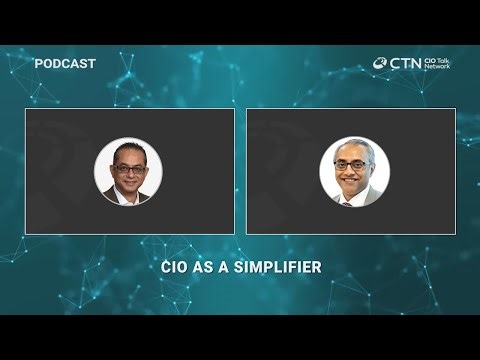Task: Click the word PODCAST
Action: [65, 64]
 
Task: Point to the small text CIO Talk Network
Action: [437, 63]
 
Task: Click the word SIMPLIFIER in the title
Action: [282, 268]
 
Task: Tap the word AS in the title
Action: [206, 268]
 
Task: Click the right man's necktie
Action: [348, 201]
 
